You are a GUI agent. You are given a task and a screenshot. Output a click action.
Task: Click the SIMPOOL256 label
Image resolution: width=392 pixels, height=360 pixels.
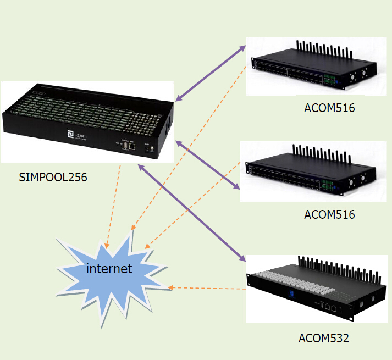(x=52, y=177)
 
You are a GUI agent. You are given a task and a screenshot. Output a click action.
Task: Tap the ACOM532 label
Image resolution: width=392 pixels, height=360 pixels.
(x=323, y=338)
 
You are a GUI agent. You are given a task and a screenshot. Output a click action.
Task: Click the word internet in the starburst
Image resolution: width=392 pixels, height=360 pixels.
(x=109, y=269)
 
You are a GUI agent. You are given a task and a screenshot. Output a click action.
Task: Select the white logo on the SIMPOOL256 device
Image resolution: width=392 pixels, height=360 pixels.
(x=70, y=134)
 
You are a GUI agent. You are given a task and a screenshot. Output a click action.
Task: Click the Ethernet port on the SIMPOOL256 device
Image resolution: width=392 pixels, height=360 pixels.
(x=132, y=147)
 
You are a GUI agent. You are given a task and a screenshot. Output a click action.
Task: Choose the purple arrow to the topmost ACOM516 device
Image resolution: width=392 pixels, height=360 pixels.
(x=210, y=74)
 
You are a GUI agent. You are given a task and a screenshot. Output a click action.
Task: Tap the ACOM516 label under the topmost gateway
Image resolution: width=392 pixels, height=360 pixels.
(x=329, y=108)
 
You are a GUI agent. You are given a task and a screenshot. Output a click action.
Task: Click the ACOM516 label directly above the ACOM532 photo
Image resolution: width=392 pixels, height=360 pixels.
(x=329, y=214)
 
